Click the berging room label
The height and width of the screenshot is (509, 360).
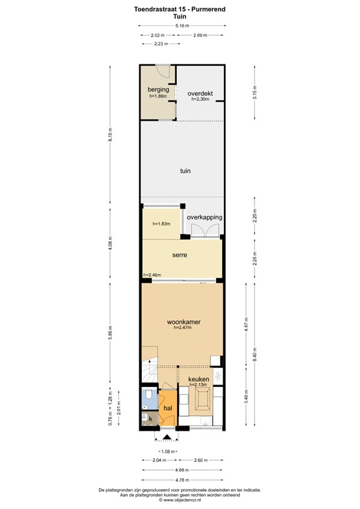[158, 89]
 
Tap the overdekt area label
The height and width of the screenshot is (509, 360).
[200, 93]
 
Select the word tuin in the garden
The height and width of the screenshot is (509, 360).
[186, 171]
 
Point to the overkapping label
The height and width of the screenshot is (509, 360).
[204, 217]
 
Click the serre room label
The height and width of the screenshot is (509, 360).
[180, 255]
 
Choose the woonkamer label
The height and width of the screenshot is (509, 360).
[184, 322]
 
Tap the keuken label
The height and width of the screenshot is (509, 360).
[199, 379]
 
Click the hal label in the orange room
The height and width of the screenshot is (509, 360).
[168, 408]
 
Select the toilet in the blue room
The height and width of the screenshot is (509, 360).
[148, 395]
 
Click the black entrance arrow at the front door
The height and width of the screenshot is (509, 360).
[167, 437]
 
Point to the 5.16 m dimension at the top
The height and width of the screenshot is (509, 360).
[182, 26]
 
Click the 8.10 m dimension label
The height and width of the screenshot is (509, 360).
[110, 135]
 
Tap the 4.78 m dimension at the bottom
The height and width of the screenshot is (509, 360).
[182, 480]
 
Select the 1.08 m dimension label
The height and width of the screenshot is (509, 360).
[168, 451]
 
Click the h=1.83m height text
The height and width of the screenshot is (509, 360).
[162, 223]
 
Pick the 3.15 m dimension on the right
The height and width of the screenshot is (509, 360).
[255, 93]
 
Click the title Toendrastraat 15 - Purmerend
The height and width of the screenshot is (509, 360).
[180, 9]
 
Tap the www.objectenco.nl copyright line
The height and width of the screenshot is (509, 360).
[180, 500]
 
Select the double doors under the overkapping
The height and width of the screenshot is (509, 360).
[204, 230]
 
